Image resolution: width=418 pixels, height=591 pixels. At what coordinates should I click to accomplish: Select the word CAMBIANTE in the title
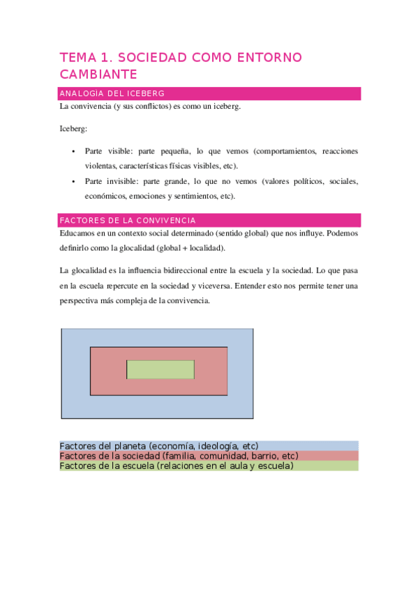tap(98, 74)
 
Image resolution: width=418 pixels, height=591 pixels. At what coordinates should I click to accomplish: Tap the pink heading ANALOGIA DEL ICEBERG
tap(112, 93)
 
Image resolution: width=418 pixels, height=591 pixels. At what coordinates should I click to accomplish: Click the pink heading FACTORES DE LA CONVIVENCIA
tap(128, 220)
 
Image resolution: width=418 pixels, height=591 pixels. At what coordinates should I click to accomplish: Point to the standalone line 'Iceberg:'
tap(73, 129)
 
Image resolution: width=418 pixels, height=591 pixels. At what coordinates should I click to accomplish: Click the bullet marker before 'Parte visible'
tap(73, 151)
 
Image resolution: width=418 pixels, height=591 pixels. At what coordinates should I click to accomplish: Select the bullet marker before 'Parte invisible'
tap(73, 182)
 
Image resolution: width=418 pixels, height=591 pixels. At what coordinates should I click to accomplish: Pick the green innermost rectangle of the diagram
tap(160, 369)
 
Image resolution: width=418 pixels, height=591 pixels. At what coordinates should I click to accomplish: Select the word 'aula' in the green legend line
tap(236, 466)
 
